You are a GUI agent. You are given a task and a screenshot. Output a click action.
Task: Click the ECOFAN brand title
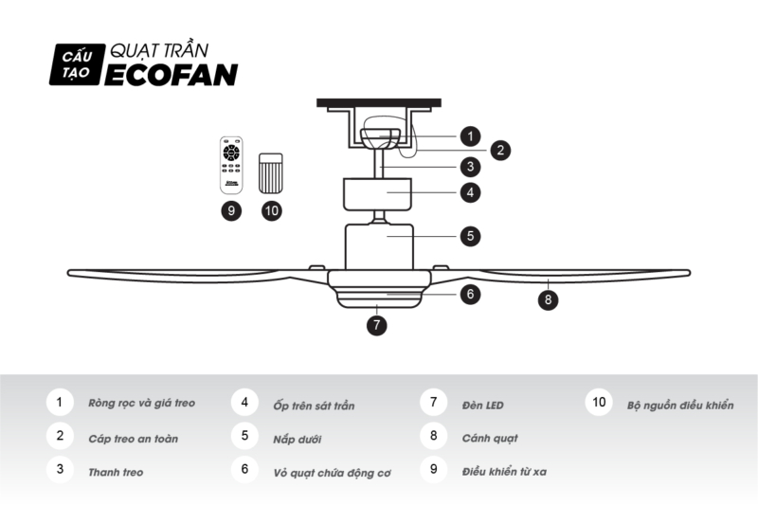pos(171,75)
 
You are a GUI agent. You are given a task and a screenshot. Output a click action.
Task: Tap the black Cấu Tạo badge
pos(77,64)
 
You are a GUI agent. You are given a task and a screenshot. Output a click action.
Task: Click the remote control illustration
pos(231,165)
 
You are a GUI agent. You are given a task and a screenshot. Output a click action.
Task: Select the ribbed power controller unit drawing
pos(271,173)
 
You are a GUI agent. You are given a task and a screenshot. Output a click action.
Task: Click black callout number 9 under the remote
pos(231,210)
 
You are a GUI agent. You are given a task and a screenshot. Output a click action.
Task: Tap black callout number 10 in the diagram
pos(272,210)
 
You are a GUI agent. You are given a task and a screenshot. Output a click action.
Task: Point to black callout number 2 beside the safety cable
pos(500,150)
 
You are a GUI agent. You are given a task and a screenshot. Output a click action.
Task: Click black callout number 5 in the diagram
pos(470,236)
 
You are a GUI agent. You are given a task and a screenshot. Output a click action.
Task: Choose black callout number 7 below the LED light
pos(376,325)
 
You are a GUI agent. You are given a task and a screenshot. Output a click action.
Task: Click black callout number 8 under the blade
pos(548,299)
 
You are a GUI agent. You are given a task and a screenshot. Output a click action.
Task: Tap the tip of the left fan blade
pos(68,273)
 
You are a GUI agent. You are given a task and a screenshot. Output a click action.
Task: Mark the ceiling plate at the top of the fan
pos(378,102)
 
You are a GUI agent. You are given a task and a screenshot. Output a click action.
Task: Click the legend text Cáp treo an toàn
pos(133,439)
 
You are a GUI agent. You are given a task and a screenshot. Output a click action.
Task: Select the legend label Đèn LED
pos(482,406)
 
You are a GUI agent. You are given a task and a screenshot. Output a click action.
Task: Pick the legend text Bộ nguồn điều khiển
pos(680,406)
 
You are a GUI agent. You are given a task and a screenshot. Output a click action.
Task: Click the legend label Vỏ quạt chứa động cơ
pos(332,473)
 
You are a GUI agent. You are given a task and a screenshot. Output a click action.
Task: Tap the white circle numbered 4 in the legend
pos(244,402)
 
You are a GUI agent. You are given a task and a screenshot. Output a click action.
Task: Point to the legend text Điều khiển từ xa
pos(504,472)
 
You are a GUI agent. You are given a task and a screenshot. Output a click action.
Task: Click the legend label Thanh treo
pos(116,472)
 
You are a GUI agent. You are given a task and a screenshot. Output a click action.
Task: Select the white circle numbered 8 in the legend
pos(434,436)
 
